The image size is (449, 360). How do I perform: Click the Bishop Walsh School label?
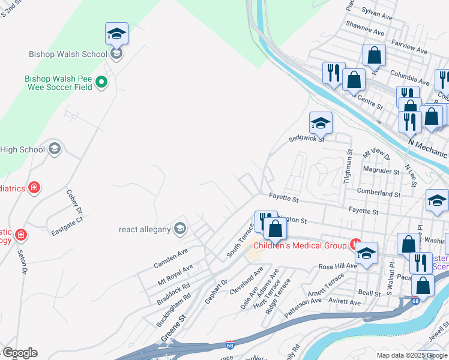click(68, 54)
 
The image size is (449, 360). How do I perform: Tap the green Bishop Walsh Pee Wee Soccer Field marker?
click(101, 82)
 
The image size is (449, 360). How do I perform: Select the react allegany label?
click(146, 229)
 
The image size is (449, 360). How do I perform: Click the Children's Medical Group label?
click(300, 245)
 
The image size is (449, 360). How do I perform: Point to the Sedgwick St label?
click(306, 139)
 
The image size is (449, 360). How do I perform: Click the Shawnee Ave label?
click(364, 31)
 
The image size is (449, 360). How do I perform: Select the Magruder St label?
click(381, 171)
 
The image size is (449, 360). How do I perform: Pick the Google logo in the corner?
click(20, 353)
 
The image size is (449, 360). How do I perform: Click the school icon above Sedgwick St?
click(321, 123)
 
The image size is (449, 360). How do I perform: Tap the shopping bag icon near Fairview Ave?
click(374, 55)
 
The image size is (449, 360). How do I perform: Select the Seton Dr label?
click(23, 263)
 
